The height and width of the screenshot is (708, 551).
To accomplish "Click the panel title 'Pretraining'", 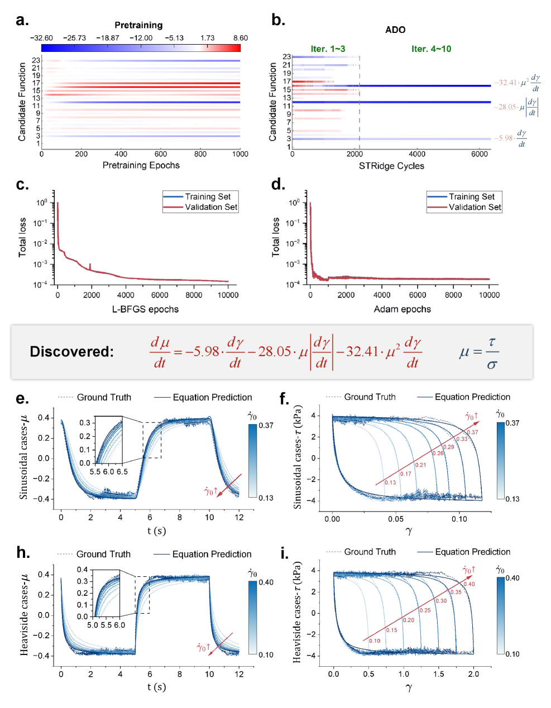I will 138,25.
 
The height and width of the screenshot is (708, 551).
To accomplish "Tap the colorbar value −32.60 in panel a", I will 41,38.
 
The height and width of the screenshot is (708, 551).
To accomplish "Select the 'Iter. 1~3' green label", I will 328,49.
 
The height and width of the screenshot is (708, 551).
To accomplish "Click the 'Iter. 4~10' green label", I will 431,49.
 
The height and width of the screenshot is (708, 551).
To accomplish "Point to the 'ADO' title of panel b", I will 395,30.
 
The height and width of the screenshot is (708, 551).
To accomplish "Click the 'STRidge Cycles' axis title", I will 391,166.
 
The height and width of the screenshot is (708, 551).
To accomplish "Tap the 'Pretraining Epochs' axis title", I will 141,165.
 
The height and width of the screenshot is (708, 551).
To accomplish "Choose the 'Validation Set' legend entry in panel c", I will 211,207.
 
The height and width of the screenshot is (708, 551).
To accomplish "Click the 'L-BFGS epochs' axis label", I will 145,309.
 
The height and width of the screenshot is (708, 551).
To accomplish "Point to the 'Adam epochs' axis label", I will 402,309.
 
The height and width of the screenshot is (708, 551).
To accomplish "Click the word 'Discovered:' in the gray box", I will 71,351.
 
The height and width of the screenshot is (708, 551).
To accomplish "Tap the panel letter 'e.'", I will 22,398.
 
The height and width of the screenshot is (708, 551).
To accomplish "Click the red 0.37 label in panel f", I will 472,432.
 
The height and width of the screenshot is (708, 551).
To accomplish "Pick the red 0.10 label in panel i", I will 375,640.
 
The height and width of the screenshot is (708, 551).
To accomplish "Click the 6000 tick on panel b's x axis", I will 480,154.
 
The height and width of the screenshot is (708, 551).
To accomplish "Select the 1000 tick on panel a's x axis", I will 240,154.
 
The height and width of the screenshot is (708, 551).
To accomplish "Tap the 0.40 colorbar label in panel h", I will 266,582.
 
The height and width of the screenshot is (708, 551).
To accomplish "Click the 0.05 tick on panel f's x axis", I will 396,519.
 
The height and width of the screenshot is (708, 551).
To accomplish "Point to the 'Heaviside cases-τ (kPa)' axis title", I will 297,611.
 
